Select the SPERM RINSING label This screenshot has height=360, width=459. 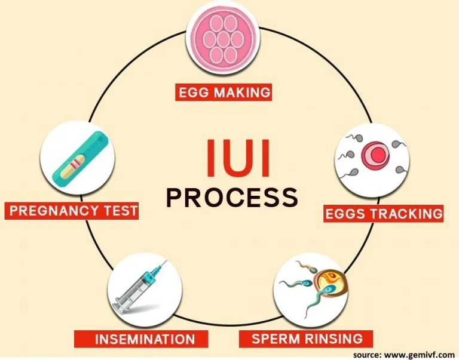click(x=307, y=339)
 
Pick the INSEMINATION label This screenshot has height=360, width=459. click(x=144, y=339)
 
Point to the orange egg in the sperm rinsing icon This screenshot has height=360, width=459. click(x=328, y=282)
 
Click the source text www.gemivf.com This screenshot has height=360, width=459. click(x=412, y=353)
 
